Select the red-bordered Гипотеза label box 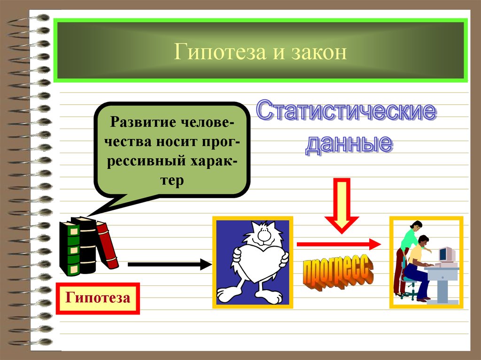(98, 298)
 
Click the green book (70, 249)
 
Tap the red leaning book (107, 245)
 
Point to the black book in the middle (87, 245)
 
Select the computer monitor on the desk (446, 254)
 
